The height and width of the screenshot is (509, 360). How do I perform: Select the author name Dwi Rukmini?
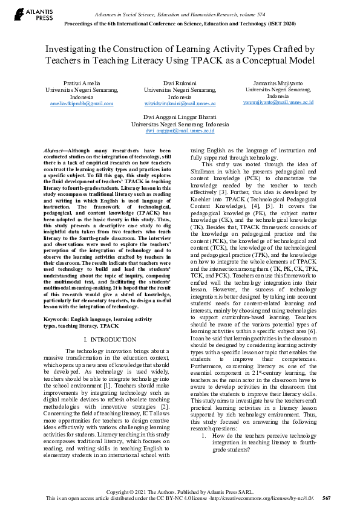pyautogui.click(x=180, y=82)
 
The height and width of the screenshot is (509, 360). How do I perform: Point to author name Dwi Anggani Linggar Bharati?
pyautogui.click(x=180, y=115)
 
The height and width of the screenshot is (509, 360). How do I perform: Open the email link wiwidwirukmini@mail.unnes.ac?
pyautogui.click(x=180, y=103)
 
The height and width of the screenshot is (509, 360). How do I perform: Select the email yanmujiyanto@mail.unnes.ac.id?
pyautogui.click(x=278, y=102)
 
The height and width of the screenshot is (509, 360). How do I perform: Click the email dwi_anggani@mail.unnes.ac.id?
pyautogui.click(x=180, y=130)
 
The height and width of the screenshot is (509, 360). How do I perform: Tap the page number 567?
pyautogui.click(x=327, y=498)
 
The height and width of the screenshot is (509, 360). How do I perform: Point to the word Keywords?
pyautogui.click(x=59, y=319)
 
